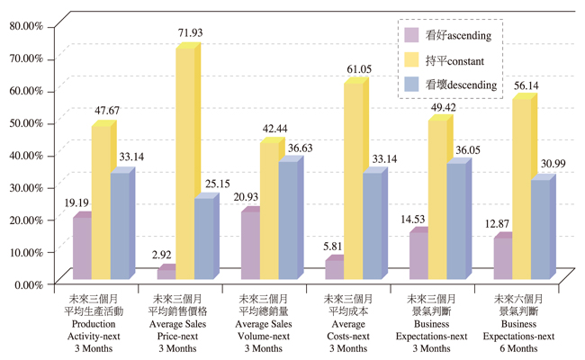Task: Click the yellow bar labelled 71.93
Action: (x=184, y=163)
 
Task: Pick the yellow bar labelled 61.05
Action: (x=352, y=181)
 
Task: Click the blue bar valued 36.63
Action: (x=287, y=220)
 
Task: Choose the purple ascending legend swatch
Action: (x=411, y=35)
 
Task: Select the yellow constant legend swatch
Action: (x=411, y=60)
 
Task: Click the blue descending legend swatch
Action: (x=411, y=85)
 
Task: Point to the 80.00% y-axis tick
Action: (x=25, y=26)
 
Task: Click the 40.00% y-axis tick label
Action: (x=25, y=155)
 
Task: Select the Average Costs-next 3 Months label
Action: (x=346, y=322)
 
